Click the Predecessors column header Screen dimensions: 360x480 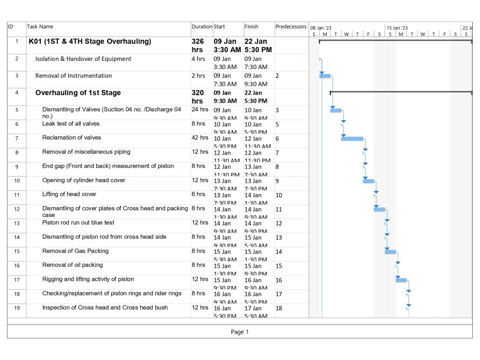click(290, 27)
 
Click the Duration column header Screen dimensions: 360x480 click(202, 27)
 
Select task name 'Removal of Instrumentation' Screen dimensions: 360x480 click(73, 76)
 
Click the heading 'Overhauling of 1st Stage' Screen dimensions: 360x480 click(78, 93)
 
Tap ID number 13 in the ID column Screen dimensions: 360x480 click(17, 223)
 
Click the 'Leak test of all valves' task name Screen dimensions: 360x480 click(71, 124)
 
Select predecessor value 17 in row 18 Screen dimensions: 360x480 click(279, 294)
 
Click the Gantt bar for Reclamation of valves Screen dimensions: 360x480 click(352, 139)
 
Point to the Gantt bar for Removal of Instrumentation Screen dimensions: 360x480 click(325, 76)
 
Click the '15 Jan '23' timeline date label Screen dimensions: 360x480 click(397, 28)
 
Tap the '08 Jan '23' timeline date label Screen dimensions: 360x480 click(321, 28)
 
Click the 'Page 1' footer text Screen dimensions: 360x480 click(240, 332)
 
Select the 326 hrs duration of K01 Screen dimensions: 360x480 click(198, 46)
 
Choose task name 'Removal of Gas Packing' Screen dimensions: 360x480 click(75, 251)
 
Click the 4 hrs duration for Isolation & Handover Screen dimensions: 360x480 click(198, 59)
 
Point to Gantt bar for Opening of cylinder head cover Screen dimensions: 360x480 click(368, 181)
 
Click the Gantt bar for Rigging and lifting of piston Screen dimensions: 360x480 click(401, 280)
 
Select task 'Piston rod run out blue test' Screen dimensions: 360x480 click(78, 223)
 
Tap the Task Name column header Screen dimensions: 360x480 click(40, 27)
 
